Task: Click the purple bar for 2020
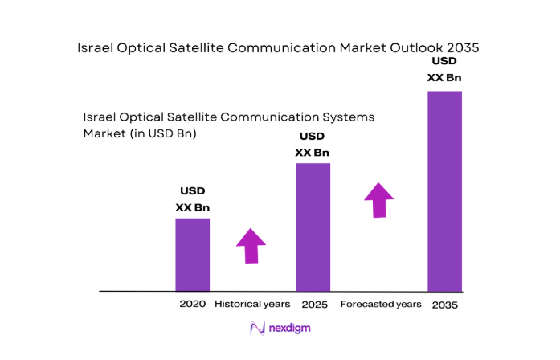192,254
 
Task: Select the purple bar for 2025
313,227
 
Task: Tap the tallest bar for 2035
444,190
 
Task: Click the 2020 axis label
193,305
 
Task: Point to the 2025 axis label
313,305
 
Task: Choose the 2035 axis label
444,305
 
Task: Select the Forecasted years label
381,305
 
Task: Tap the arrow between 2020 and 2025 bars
251,245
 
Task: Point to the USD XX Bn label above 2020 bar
192,199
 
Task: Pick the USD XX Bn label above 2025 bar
312,145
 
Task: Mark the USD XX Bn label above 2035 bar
444,69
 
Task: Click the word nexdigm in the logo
289,328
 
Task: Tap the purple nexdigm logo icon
257,328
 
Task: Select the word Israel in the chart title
96,47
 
